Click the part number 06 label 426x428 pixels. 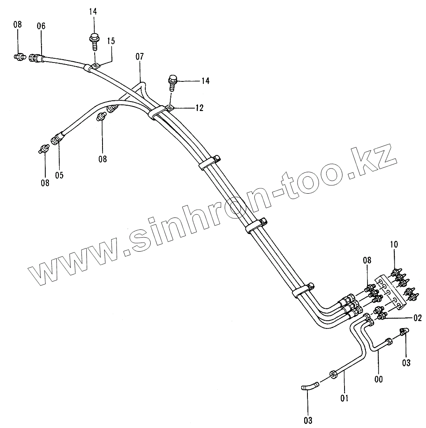coord(41,26)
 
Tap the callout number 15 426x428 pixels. coord(111,41)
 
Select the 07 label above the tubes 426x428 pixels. coord(140,57)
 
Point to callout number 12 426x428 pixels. coord(200,108)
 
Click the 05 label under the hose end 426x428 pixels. coord(60,176)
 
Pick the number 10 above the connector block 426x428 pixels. coord(394,245)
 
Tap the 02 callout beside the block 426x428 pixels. coord(417,317)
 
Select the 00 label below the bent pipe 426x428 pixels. coord(378,379)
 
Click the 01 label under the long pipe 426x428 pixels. coord(345,398)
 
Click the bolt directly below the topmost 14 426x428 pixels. coord(93,41)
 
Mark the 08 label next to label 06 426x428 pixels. coord(17,25)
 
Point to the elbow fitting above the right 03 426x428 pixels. coord(405,331)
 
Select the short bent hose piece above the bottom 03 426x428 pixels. coord(310,386)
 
